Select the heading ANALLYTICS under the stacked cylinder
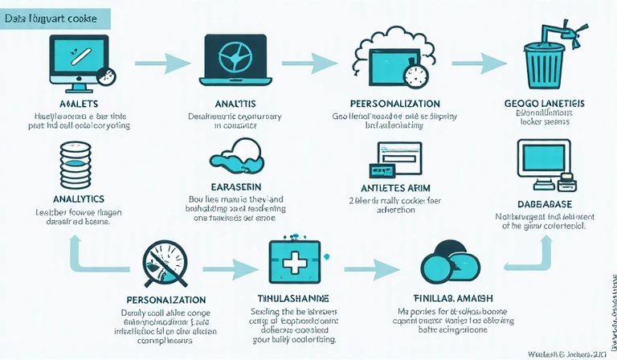click(x=79, y=197)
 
